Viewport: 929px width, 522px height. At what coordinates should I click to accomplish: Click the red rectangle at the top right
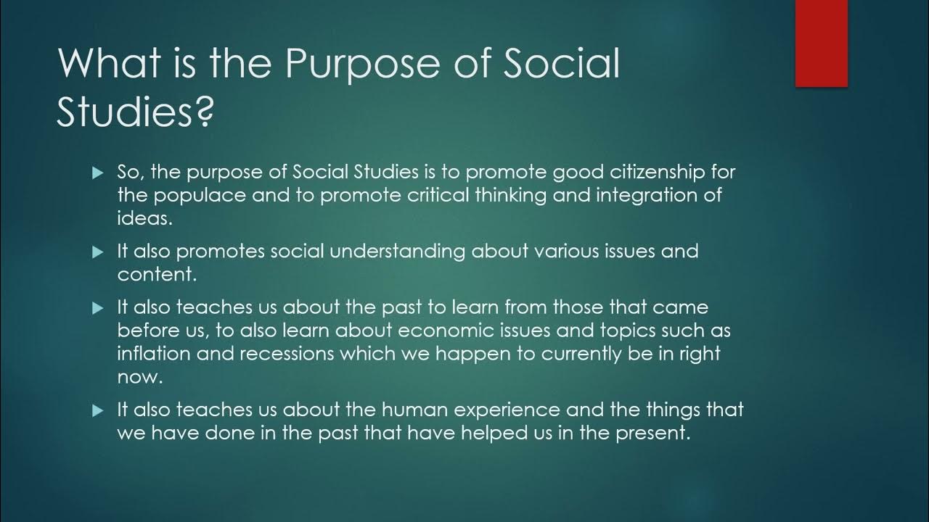click(822, 43)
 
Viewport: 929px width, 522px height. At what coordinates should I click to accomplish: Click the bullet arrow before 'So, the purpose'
click(99, 173)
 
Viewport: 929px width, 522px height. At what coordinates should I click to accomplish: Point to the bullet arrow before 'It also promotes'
click(99, 252)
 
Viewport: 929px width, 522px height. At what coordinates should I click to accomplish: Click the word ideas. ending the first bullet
click(144, 218)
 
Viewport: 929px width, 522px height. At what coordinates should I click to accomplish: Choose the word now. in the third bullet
click(139, 377)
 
